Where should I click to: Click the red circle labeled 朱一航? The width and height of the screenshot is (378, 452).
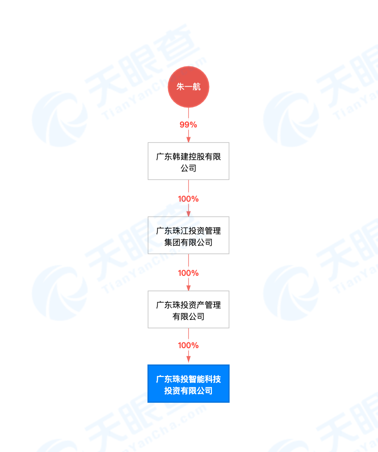tap(188, 87)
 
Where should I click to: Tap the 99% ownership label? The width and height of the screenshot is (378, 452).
tap(188, 125)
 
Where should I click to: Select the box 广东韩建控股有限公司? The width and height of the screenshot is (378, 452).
tap(188, 161)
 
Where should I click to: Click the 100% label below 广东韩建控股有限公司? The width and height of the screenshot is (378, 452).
tap(188, 199)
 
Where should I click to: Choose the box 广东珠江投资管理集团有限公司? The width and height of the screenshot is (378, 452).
tap(188, 235)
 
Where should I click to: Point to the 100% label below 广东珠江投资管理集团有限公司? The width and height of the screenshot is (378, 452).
tap(188, 273)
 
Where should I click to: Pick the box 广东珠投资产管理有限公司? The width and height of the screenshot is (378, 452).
tap(188, 309)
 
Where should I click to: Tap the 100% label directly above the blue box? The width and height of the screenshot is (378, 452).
tap(188, 345)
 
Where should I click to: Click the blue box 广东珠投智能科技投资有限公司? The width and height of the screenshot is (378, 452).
tap(188, 383)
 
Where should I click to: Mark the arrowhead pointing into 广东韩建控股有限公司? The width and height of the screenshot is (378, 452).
tap(188, 139)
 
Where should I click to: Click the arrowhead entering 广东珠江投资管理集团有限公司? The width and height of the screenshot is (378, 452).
tap(188, 213)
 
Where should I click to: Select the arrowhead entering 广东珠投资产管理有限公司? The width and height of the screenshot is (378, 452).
tap(188, 287)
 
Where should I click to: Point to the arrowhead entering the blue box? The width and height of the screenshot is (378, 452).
tap(188, 361)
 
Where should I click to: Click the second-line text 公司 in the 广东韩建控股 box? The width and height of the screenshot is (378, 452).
tap(188, 168)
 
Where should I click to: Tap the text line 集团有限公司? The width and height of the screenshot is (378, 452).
tap(188, 242)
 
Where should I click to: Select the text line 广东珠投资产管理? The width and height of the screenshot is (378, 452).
tap(188, 305)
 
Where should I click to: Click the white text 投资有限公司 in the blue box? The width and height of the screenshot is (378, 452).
tap(188, 391)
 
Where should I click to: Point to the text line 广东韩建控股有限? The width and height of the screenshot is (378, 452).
tap(188, 157)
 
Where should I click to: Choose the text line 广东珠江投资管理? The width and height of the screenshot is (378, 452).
tap(188, 231)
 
